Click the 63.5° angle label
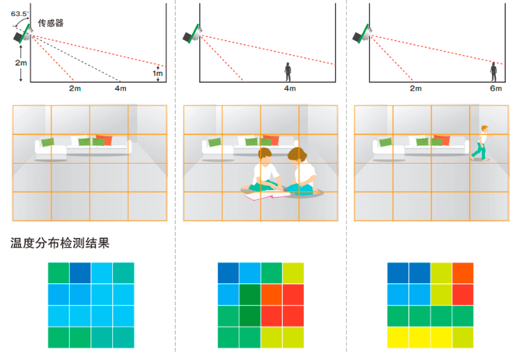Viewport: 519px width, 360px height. click(x=20, y=14)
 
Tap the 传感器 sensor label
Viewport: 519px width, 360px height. click(x=51, y=23)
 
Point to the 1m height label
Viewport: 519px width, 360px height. click(x=157, y=73)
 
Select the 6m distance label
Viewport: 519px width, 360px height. click(x=496, y=88)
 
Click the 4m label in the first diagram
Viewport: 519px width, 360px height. click(x=121, y=88)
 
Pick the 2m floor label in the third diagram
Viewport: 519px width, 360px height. click(x=416, y=88)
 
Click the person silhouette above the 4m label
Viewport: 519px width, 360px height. click(x=288, y=72)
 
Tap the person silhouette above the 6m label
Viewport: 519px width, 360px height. click(x=493, y=72)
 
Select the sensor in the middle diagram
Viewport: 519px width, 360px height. click(x=192, y=33)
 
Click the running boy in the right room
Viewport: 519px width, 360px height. click(x=481, y=143)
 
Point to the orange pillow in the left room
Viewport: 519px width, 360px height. click(x=104, y=139)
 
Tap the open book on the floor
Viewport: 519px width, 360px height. click(x=267, y=195)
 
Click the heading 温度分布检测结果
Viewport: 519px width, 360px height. click(x=60, y=243)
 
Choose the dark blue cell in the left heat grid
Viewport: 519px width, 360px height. click(x=80, y=273)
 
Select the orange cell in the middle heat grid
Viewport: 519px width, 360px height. click(x=272, y=295)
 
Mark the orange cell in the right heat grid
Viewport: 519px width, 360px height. click(x=463, y=273)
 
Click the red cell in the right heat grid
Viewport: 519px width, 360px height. click(x=463, y=295)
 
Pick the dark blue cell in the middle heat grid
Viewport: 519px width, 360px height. click(x=228, y=273)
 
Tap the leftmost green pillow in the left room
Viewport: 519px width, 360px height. click(x=47, y=142)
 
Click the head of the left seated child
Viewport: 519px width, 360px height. click(x=265, y=155)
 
